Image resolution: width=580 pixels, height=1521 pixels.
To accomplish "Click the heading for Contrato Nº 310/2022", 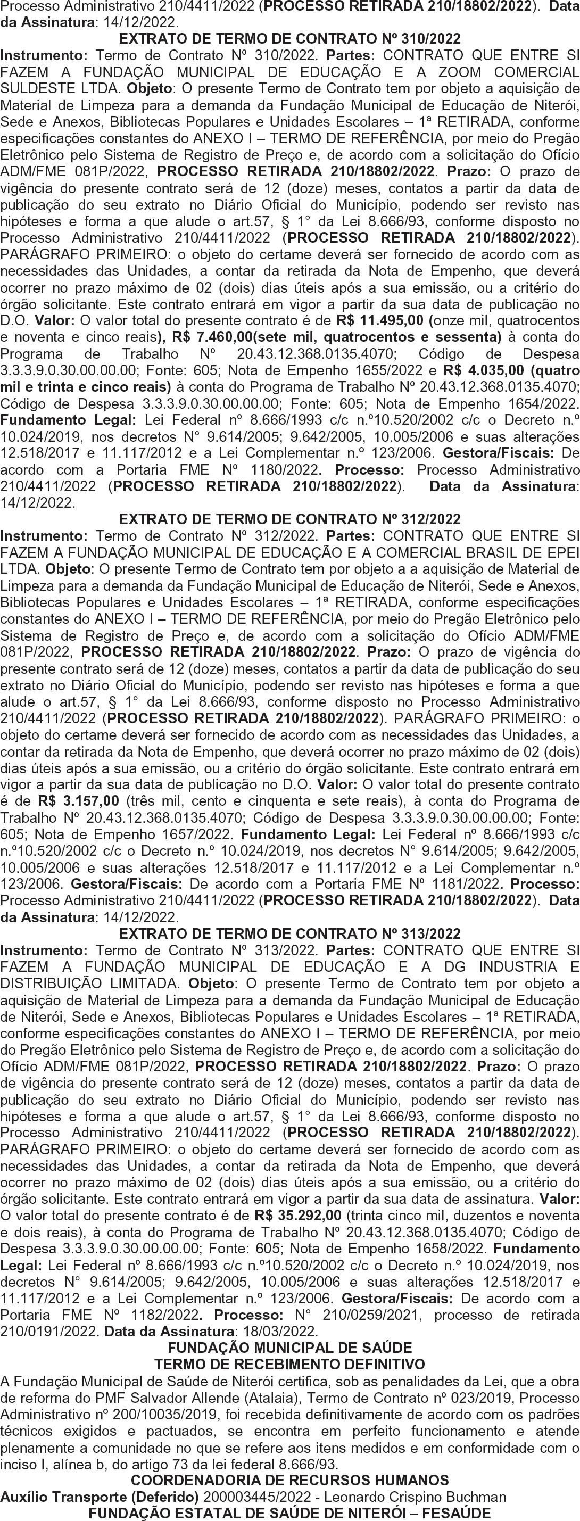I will (289, 39).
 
